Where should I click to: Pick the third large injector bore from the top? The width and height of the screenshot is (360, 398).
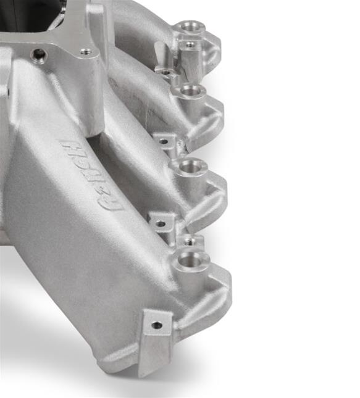point(192,166)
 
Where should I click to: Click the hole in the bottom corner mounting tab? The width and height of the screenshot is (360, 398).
point(157,325)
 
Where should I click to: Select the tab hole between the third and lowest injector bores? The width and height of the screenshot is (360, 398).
point(160,223)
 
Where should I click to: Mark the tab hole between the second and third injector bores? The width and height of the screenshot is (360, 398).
point(163,141)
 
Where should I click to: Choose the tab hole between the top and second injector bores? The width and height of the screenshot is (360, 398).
point(165,72)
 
